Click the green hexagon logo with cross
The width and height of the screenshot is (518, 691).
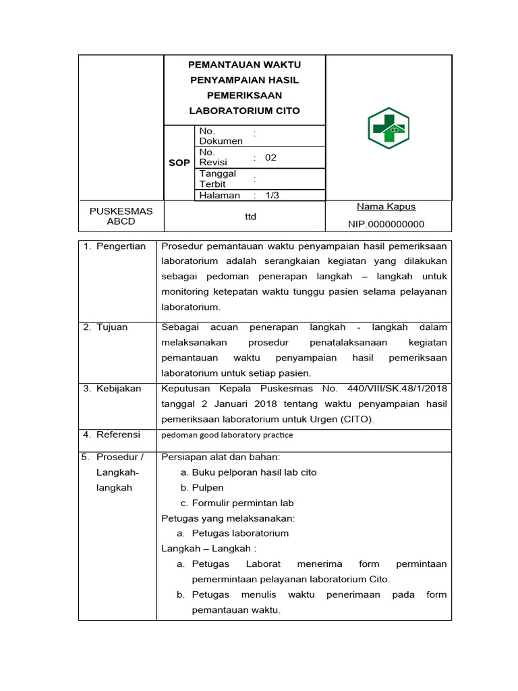(x=388, y=128)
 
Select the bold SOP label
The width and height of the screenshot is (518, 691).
(x=179, y=163)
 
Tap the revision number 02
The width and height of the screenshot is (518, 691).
(x=270, y=157)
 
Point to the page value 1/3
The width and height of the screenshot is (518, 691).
(x=272, y=195)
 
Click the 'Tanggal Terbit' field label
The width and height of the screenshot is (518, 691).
(x=217, y=179)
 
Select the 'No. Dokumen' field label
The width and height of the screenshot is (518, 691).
(x=221, y=136)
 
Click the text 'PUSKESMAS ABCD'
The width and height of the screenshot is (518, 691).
(x=121, y=216)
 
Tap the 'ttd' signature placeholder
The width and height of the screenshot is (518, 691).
(x=250, y=217)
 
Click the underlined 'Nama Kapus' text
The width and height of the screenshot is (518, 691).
(x=386, y=206)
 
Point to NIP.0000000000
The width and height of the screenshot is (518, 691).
(x=386, y=224)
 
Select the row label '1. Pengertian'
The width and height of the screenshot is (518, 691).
(x=115, y=246)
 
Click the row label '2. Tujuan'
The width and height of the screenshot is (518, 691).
(x=105, y=327)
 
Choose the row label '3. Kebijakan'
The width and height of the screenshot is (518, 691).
(x=112, y=388)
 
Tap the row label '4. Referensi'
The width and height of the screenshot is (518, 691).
(x=112, y=435)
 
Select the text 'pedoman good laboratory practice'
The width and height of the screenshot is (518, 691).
(x=227, y=435)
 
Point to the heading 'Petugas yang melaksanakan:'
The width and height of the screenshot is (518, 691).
(x=228, y=518)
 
